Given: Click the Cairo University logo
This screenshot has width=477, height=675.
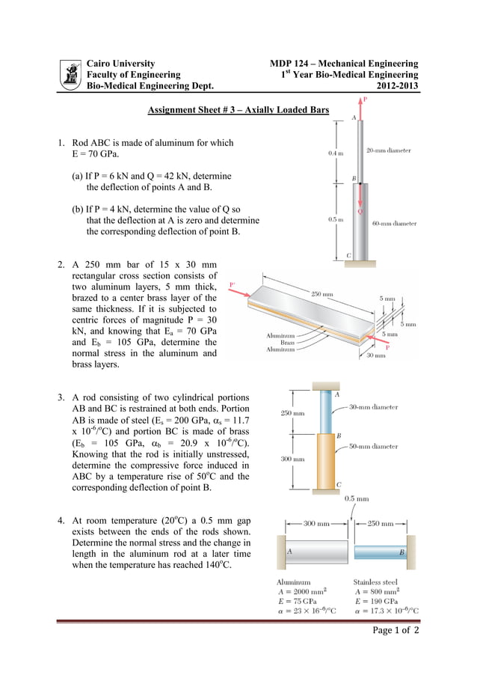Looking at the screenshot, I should point(70,75).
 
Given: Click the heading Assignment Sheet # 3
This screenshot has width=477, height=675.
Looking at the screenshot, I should point(238,110).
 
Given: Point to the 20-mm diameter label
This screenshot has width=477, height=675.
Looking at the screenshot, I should point(388,150).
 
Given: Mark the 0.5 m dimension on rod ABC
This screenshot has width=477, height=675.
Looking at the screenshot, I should point(336,219).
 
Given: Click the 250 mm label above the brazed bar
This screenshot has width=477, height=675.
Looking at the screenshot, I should point(322,294).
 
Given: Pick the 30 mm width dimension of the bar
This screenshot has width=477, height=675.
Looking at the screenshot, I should point(376,356).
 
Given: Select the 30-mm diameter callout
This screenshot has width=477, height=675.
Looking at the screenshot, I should point(374,408).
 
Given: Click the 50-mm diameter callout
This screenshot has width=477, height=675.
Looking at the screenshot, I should point(374,446).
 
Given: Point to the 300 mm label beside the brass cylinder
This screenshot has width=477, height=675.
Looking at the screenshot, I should point(292,459).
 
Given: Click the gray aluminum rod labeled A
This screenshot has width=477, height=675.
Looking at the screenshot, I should point(313,552).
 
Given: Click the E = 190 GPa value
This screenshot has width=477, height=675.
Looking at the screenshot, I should point(376,601).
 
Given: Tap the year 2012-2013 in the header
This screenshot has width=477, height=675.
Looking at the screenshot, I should point(397,86).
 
